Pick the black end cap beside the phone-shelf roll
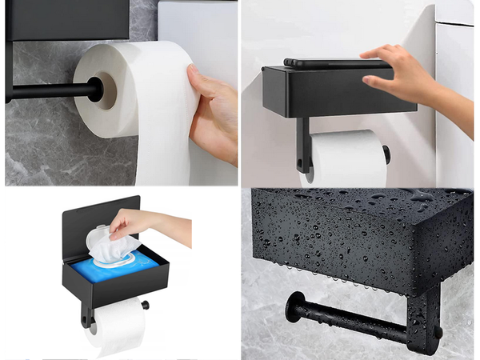[387, 154]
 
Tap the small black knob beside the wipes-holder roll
[146, 305]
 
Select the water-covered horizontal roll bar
[352, 319]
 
